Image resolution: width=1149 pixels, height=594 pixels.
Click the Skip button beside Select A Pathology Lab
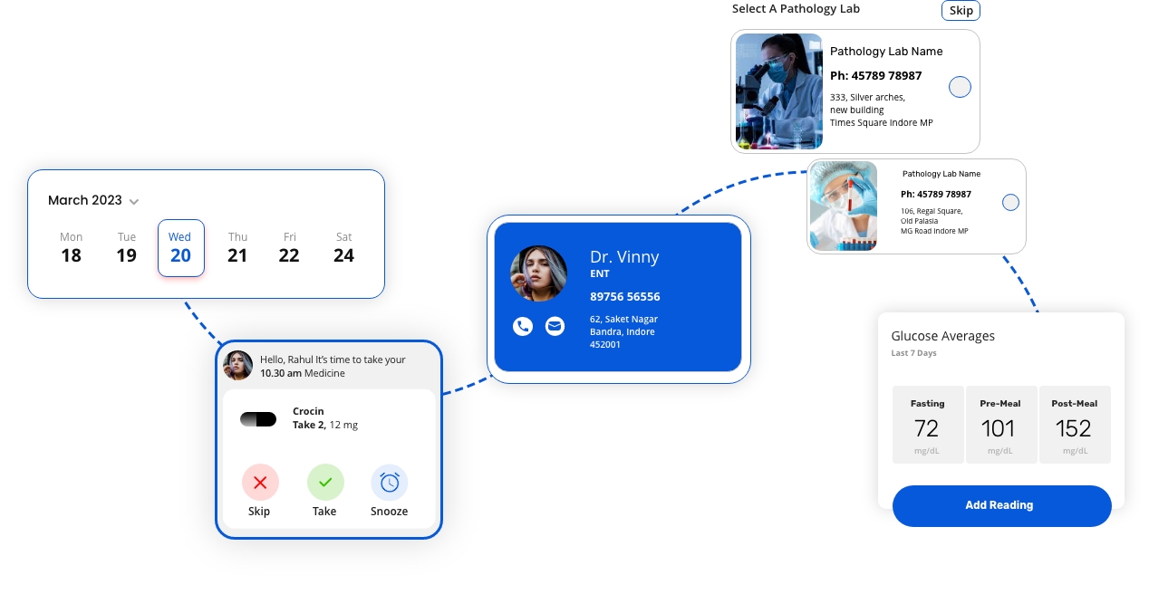961,10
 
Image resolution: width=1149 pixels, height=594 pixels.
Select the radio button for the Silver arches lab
960,87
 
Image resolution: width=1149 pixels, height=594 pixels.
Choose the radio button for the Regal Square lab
1010,203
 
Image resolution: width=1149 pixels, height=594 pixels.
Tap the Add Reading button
1001,505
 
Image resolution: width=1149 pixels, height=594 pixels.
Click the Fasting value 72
926,428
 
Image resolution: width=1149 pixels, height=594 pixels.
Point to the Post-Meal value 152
1073,428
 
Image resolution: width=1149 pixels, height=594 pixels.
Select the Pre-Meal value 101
999,428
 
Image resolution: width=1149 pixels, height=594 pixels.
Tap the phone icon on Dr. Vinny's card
522,327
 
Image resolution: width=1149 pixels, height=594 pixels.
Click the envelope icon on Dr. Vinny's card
555,327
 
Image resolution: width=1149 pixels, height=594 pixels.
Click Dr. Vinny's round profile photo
538,273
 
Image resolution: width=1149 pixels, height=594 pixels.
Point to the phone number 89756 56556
624,297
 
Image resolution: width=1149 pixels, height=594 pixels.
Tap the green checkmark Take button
325,483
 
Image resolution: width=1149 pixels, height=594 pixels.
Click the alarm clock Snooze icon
390,483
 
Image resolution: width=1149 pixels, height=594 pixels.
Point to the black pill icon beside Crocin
258,419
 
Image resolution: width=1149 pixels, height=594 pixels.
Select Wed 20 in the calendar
180,248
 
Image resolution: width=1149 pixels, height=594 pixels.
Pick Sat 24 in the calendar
343,248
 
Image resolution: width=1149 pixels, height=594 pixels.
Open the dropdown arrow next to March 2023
134,201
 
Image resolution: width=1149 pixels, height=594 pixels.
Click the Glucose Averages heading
942,336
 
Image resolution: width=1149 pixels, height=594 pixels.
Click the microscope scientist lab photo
778,91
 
